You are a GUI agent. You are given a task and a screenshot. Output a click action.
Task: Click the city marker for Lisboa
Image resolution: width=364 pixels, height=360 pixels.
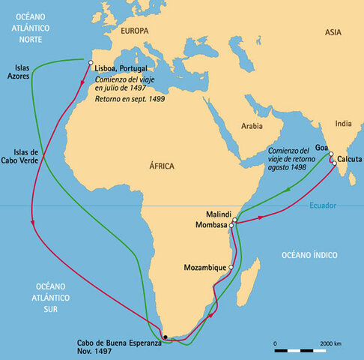tap(91, 62)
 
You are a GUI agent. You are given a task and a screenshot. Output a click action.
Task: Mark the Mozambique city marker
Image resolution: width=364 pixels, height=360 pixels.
tap(231, 267)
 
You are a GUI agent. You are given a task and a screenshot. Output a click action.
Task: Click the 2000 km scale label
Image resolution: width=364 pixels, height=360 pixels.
tap(331, 342)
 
